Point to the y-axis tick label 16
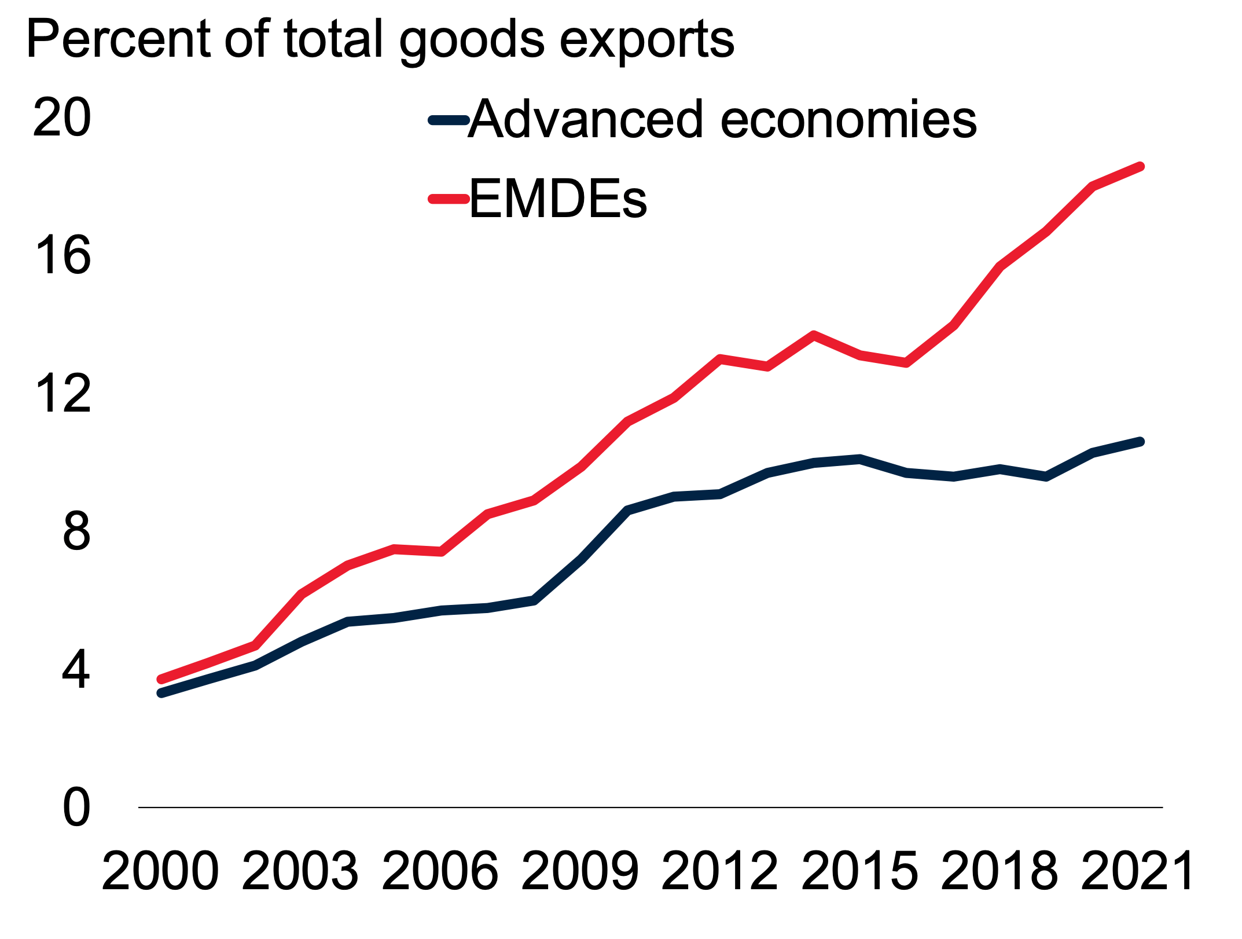coord(62,255)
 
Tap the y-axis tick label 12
coord(62,394)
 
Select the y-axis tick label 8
coord(76,531)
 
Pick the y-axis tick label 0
coord(76,808)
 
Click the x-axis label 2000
coord(160,872)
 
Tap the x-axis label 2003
coord(300,872)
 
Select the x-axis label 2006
coord(440,872)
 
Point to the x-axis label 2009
coord(580,872)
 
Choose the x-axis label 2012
coord(719,872)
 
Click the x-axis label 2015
coord(859,872)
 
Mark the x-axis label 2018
coord(1000,872)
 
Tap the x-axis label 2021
coord(1138,872)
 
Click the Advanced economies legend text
coord(722,120)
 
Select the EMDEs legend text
coord(558,200)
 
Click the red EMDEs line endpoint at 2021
coord(1140,167)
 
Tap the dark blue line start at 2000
coord(161,693)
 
